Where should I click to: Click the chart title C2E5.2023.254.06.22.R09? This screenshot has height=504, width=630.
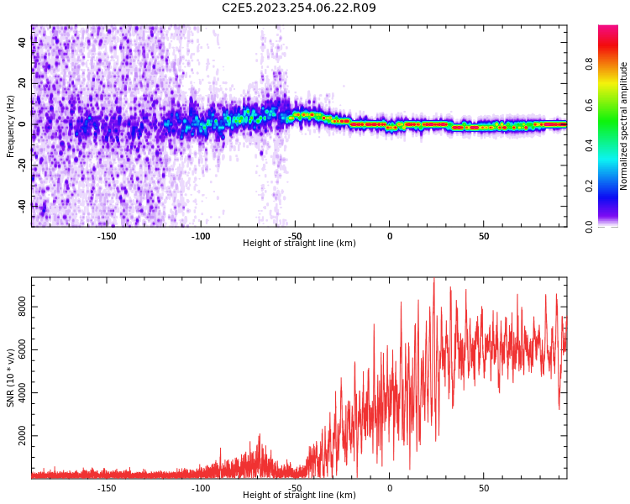(299, 8)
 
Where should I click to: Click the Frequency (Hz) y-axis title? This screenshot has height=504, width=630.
(11, 126)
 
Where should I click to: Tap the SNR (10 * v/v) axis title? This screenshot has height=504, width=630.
(11, 377)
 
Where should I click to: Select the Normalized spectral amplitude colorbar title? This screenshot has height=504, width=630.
(624, 126)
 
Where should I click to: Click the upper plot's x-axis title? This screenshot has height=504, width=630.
(299, 244)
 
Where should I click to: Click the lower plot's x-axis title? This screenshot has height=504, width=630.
(299, 496)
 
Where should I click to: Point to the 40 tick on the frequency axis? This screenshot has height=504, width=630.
(22, 42)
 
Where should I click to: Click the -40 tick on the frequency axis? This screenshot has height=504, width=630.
(22, 205)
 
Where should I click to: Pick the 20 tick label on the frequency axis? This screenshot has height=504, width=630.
(22, 83)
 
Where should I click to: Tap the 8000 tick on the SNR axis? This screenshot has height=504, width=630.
(22, 307)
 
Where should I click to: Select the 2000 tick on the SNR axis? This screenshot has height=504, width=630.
(22, 437)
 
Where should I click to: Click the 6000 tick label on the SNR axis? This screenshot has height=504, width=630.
(22, 350)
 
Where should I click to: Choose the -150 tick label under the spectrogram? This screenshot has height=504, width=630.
(107, 236)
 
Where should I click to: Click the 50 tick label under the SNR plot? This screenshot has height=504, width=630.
(484, 488)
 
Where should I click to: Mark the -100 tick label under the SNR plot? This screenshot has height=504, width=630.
(201, 488)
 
